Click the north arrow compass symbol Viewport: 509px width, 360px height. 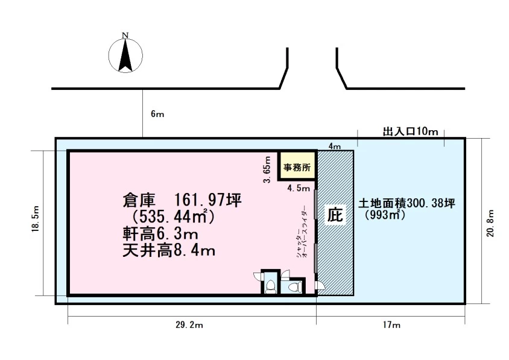tap(125, 54)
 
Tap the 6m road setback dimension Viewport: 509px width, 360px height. tap(157, 114)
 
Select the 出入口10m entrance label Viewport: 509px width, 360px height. tap(410, 131)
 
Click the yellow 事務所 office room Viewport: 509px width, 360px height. tap(297, 165)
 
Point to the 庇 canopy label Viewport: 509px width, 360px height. tap(335, 215)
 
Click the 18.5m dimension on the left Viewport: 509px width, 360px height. tap(36, 218)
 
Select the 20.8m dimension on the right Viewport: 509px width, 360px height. tap(490, 223)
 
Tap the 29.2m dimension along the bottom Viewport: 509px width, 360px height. tap(189, 325)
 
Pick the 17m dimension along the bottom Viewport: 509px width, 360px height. tap(391, 324)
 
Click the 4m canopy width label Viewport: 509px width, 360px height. tap(335, 147)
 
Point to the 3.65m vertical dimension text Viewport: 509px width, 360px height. tap(267, 169)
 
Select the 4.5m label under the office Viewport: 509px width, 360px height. tap(299, 188)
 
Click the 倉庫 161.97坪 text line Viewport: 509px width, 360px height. tap(182, 200)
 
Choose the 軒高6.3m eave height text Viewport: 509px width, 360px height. tap(160, 233)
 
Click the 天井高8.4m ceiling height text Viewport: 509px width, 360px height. tap(169, 250)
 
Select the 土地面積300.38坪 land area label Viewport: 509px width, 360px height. tap(406, 204)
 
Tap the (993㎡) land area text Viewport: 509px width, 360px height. tap(385, 215)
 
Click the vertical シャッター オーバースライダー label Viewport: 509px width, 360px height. tap(302, 232)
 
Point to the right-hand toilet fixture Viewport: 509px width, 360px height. tap(294, 287)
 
